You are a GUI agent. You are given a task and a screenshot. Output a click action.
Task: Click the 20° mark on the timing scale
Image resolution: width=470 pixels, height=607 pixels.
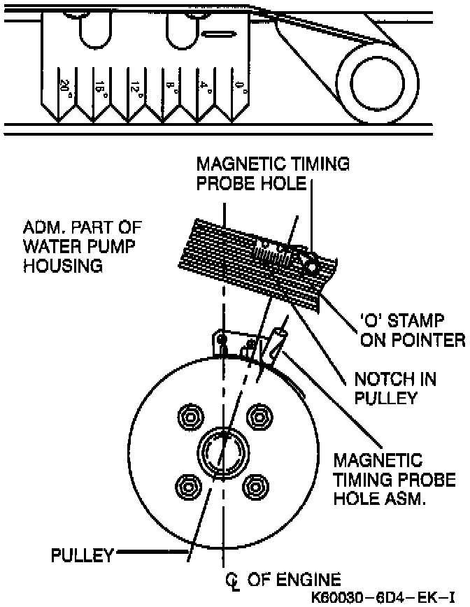(x=64, y=87)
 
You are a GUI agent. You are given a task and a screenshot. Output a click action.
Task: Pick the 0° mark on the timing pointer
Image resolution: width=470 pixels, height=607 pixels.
(x=239, y=87)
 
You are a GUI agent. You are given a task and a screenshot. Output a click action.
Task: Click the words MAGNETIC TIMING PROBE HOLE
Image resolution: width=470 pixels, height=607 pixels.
(x=273, y=173)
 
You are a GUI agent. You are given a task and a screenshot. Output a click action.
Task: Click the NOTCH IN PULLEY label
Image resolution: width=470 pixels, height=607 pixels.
(x=395, y=388)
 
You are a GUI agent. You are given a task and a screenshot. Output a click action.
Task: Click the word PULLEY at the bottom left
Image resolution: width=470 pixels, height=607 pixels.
(x=82, y=556)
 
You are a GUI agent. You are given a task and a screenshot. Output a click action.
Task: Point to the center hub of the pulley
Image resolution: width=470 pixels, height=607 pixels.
(x=222, y=451)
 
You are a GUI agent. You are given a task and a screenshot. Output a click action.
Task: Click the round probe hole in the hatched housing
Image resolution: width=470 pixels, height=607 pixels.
(x=308, y=265)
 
